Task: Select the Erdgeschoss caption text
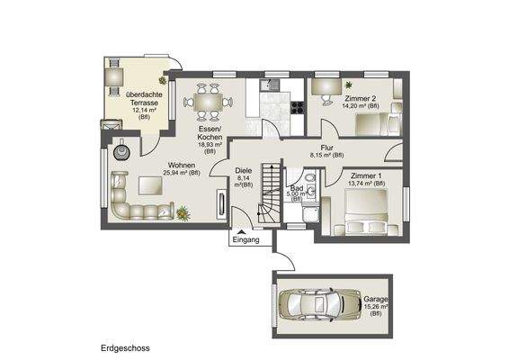pos(123,346)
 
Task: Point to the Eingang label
pos(246,241)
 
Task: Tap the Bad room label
pos(294,186)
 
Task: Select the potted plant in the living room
pos(183,212)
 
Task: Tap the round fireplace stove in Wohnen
pos(124,149)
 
